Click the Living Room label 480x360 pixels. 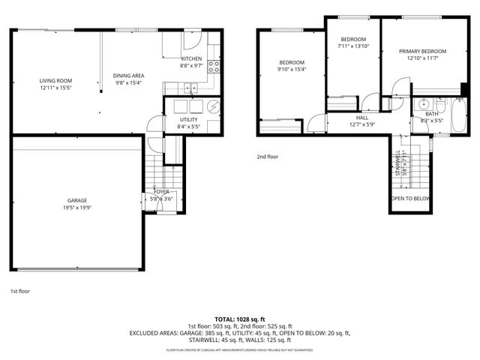pyautogui.click(x=55, y=80)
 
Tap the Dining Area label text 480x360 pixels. pyautogui.click(x=128, y=76)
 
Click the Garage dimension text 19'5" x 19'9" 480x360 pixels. pyautogui.click(x=77, y=208)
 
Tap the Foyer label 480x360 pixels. pyautogui.click(x=162, y=193)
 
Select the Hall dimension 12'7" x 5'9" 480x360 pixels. pyautogui.click(x=362, y=124)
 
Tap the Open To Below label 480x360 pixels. pyautogui.click(x=410, y=199)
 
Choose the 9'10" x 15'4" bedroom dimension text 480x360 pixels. pyautogui.click(x=292, y=70)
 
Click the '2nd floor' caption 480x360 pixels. pyautogui.click(x=267, y=157)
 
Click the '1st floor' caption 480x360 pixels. pyautogui.click(x=19, y=290)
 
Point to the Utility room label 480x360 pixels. pyautogui.click(x=188, y=120)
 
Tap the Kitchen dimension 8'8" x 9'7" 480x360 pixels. pyautogui.click(x=191, y=66)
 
